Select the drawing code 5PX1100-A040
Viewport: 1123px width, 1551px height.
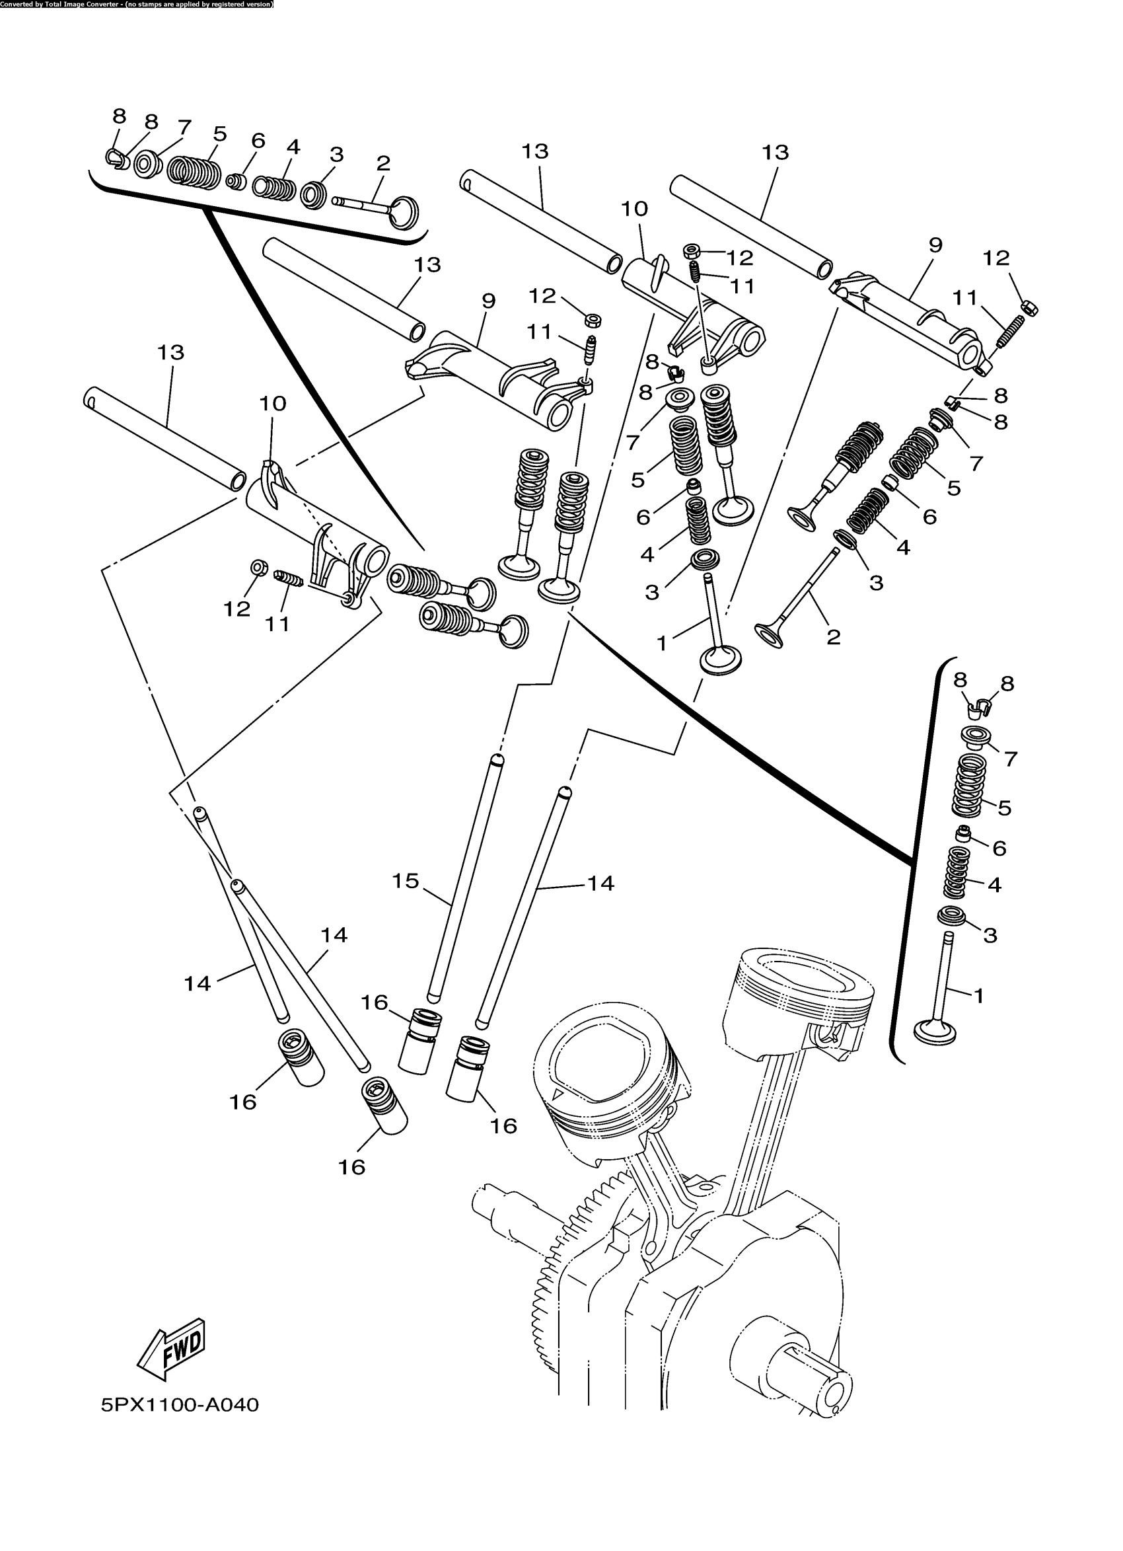(180, 1406)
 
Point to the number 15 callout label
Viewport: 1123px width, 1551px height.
(405, 881)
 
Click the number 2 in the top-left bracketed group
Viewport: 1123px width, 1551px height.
(383, 163)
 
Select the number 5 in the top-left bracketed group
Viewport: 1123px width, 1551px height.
(219, 133)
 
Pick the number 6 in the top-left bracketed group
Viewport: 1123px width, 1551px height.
(258, 140)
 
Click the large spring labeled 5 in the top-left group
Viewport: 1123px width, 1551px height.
(195, 172)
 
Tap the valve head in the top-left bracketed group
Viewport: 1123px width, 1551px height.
(405, 211)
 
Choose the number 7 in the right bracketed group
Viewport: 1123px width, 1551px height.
(1010, 759)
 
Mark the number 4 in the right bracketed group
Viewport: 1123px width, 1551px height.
(994, 885)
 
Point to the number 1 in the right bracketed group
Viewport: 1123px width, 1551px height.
(979, 996)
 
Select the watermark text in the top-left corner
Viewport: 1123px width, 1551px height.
(137, 4)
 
